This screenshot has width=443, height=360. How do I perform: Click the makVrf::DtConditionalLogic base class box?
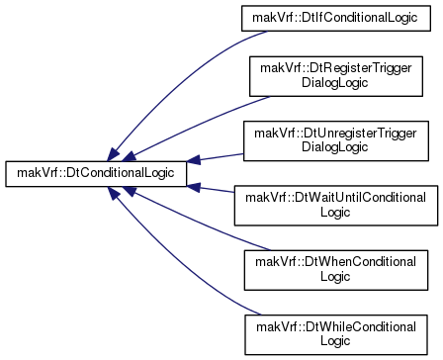pos(96,174)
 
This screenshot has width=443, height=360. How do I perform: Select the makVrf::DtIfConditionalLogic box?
pos(336,19)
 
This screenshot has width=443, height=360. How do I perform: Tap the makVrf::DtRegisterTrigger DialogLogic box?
pos(336,76)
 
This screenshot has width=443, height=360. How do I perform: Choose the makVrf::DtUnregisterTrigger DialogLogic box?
pos(336,141)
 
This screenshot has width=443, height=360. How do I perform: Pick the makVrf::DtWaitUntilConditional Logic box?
pos(336,206)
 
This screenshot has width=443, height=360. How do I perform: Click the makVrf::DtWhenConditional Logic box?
pos(336,270)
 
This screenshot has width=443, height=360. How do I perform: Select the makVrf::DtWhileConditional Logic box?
pos(336,334)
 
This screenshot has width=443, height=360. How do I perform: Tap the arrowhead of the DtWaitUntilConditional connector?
pos(194,187)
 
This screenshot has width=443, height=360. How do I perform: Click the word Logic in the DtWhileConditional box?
pos(335,341)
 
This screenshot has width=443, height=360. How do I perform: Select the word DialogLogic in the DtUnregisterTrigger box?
pos(335,147)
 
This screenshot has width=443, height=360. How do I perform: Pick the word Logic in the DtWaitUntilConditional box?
pos(335,212)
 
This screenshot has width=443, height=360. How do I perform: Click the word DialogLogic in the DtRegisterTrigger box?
pos(335,83)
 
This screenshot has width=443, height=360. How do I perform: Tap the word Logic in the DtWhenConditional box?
pos(335,277)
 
